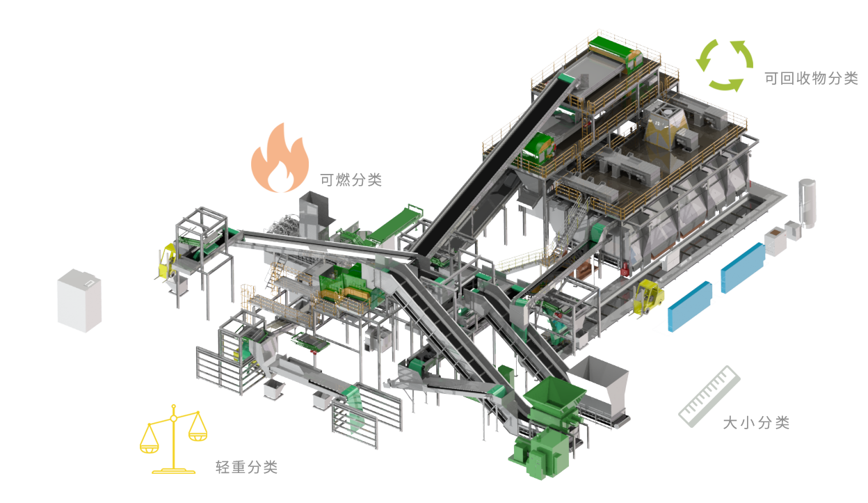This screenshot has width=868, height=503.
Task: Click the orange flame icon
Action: [x=280, y=159]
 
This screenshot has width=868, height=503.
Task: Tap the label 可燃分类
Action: [x=351, y=179]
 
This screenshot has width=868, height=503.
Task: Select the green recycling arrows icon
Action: [x=724, y=65]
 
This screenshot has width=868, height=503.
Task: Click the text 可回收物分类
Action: [x=811, y=79]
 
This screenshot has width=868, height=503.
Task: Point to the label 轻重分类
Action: [x=247, y=467]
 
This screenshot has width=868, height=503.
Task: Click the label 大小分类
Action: [x=756, y=422]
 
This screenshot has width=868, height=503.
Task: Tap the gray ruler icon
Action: [x=709, y=396]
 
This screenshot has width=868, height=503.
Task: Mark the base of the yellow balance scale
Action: [x=174, y=471]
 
